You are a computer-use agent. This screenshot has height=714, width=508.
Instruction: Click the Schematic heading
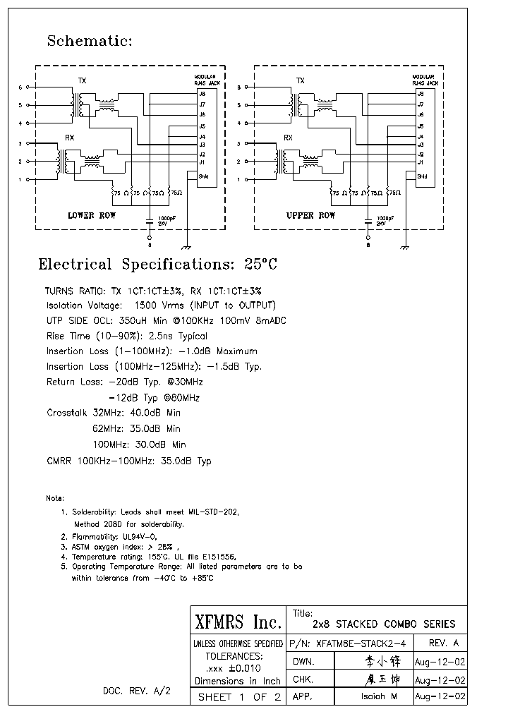click(90, 41)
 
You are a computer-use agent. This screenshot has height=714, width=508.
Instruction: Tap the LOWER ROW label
click(92, 215)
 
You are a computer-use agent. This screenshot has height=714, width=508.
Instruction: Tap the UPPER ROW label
click(310, 215)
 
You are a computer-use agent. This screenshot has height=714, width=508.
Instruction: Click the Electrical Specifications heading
click(157, 265)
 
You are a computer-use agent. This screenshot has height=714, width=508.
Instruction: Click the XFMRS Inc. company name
click(237, 622)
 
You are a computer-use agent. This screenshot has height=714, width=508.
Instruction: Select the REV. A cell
click(443, 643)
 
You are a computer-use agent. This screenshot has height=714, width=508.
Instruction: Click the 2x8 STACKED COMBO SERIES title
click(384, 624)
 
